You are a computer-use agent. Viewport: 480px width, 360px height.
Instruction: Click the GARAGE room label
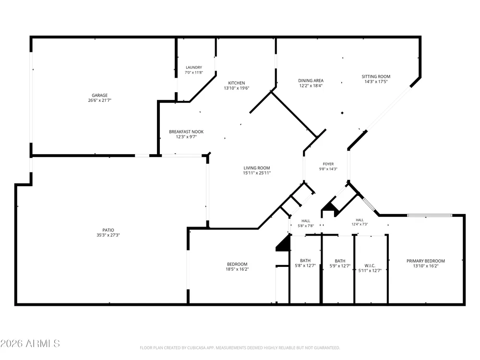(x=99, y=96)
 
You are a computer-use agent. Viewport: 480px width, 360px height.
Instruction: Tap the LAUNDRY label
(x=194, y=67)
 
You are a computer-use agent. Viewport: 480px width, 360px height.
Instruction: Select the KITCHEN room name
(x=237, y=83)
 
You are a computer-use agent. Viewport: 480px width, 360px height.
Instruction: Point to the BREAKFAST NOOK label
(x=186, y=132)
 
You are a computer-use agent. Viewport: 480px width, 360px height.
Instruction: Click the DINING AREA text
(x=311, y=81)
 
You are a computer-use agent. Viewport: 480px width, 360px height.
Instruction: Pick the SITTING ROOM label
(x=376, y=76)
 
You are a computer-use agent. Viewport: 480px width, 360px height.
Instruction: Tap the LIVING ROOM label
(x=256, y=168)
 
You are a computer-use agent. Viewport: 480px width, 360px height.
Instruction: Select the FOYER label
(x=328, y=164)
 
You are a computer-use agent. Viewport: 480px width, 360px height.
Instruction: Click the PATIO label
(x=108, y=230)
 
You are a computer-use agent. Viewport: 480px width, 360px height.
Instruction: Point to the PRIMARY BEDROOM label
(x=425, y=261)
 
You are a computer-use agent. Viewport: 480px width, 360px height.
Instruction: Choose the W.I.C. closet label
(x=370, y=266)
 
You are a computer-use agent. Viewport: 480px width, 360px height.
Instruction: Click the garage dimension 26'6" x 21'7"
(x=99, y=100)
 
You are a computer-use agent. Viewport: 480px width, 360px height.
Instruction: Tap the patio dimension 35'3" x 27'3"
(x=108, y=235)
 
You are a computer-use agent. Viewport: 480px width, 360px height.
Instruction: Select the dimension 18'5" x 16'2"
(x=237, y=269)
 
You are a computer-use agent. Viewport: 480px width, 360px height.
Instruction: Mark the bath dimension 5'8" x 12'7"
(x=305, y=266)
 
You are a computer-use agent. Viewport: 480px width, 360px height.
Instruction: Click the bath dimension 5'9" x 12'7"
(x=340, y=266)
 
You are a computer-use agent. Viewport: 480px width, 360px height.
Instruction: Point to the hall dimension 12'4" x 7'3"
(x=360, y=224)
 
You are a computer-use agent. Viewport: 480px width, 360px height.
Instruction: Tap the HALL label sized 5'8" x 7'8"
(x=305, y=221)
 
